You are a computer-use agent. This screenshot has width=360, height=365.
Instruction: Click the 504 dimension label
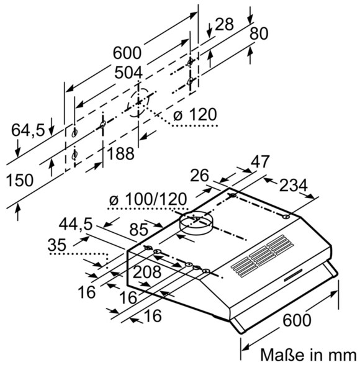click(x=128, y=73)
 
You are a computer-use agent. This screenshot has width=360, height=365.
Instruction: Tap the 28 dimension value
click(x=224, y=24)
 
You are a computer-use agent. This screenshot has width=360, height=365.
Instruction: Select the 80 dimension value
click(x=259, y=34)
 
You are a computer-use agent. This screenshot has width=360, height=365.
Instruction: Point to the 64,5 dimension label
click(x=28, y=130)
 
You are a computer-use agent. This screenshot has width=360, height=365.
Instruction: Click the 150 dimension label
click(x=19, y=180)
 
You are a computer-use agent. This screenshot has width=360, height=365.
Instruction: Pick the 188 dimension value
click(x=120, y=153)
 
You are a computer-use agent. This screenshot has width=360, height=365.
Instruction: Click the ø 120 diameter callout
click(x=195, y=114)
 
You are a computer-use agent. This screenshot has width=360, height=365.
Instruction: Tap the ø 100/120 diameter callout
click(x=148, y=199)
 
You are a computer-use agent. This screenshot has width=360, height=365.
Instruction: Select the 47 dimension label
click(x=260, y=161)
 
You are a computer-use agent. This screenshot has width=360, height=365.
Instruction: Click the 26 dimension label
click(x=199, y=176)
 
